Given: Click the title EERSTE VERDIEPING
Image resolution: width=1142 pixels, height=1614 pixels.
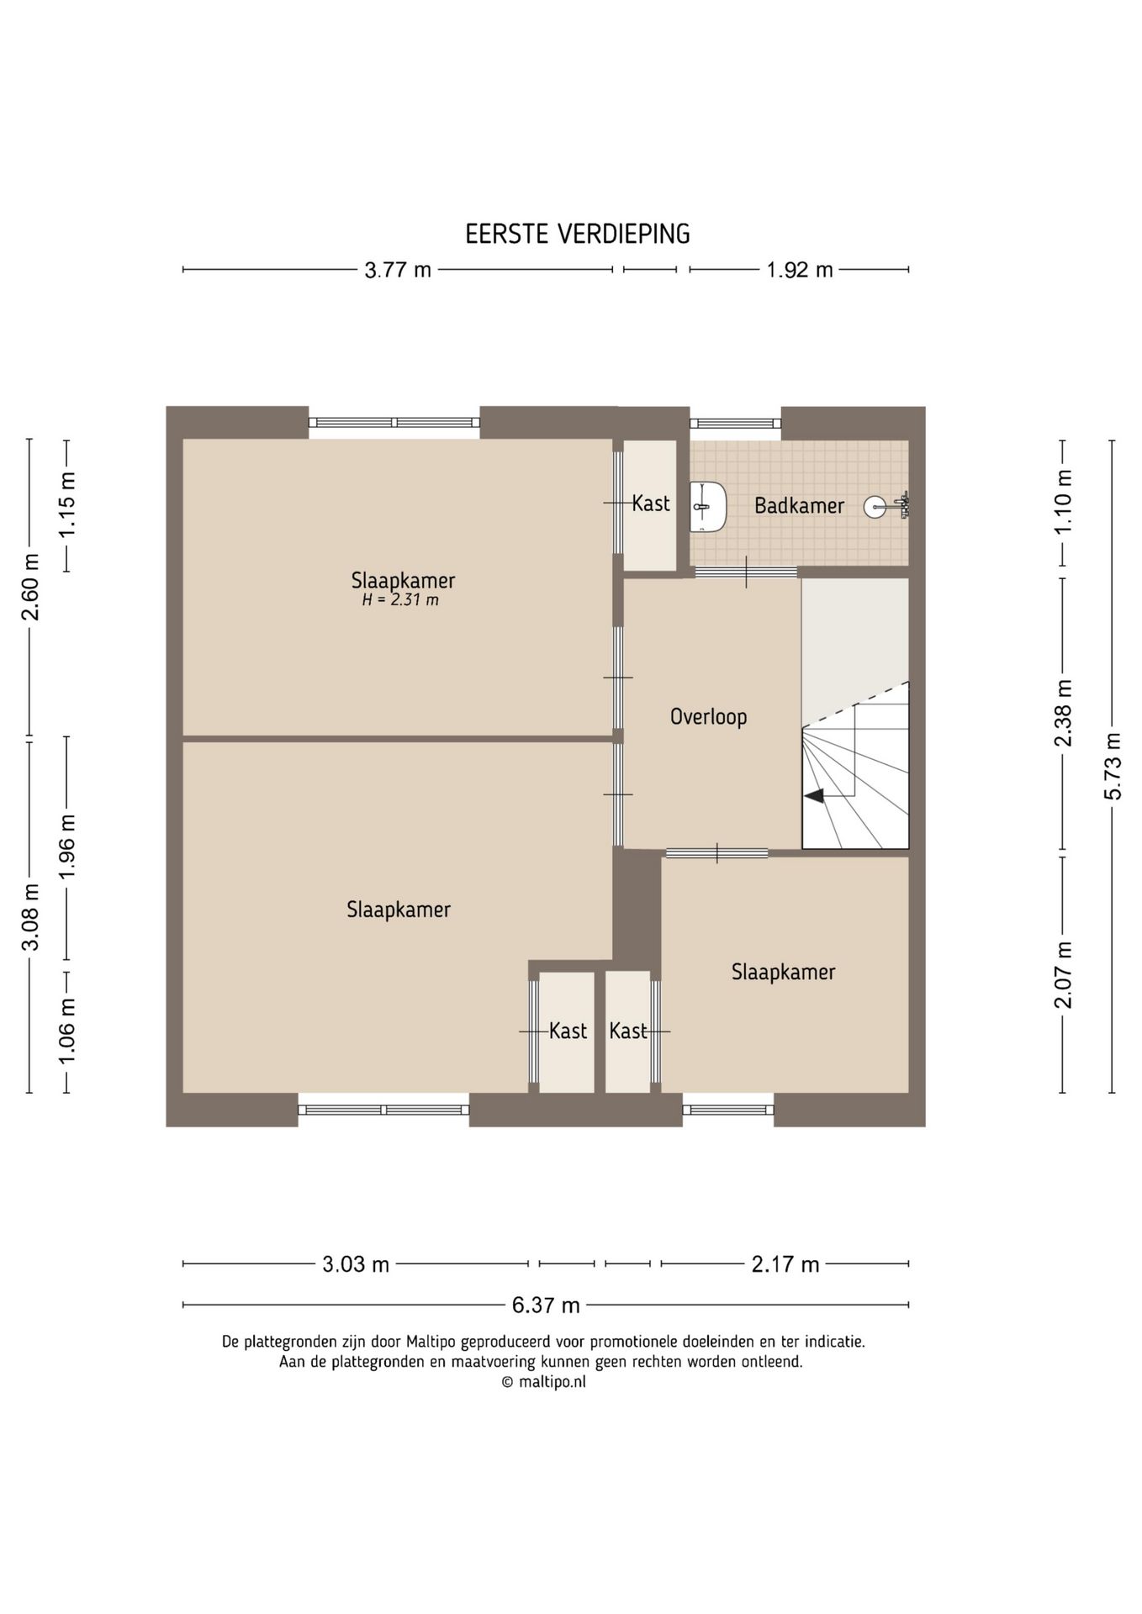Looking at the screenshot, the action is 578,234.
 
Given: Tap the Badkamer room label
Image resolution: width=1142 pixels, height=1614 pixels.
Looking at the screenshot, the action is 799,505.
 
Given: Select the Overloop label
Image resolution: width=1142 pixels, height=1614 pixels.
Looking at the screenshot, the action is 708,716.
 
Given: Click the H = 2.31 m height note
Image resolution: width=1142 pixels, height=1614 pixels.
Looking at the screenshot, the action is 400,600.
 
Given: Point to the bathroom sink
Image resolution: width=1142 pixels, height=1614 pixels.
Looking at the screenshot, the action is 707,507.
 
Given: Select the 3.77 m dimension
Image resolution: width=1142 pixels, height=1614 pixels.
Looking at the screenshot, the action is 398,270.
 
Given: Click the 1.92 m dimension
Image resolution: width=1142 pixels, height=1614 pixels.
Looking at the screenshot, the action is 799,270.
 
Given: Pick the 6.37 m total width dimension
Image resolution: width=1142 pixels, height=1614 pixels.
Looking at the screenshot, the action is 546,1305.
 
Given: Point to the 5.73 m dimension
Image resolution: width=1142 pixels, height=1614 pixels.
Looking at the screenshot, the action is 1113,767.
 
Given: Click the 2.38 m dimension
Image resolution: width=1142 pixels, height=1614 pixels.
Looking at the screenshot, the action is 1063,713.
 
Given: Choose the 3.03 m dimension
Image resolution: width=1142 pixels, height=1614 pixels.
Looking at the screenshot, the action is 356,1263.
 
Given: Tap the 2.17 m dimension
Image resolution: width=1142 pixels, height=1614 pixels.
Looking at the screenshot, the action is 785,1263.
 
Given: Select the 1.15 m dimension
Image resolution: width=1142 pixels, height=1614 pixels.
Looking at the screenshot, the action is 67,505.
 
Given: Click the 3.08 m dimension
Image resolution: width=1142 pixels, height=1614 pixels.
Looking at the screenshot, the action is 30,916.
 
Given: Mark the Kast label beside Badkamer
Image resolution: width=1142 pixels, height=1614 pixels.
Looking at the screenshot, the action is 651,504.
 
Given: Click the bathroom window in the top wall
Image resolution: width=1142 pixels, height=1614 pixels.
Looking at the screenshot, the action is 736,424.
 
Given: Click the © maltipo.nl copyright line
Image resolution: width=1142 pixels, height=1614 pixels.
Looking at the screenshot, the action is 543,1382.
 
